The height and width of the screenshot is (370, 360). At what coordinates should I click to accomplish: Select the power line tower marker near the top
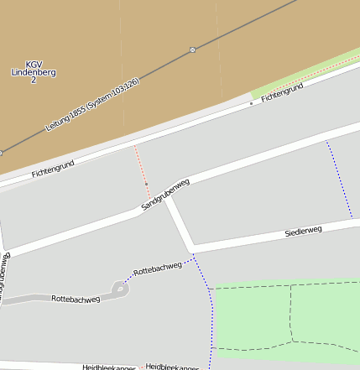192,50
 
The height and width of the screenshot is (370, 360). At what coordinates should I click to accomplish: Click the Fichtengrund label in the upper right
282,92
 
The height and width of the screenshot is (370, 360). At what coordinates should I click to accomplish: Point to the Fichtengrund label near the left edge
53,168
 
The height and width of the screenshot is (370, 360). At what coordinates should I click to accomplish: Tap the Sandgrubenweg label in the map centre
165,194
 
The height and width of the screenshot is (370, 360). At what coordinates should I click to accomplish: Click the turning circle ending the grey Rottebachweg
121,289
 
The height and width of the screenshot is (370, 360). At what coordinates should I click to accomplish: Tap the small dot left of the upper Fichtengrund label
250,103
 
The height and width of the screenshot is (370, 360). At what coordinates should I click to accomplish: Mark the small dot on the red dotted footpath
146,183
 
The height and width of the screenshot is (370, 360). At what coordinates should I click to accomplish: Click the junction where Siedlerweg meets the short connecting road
194,248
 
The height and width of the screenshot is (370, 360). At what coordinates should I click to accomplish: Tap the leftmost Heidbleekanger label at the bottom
109,367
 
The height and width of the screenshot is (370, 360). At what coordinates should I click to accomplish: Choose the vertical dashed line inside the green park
291,312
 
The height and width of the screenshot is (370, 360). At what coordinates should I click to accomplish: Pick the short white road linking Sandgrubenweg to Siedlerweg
180,224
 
